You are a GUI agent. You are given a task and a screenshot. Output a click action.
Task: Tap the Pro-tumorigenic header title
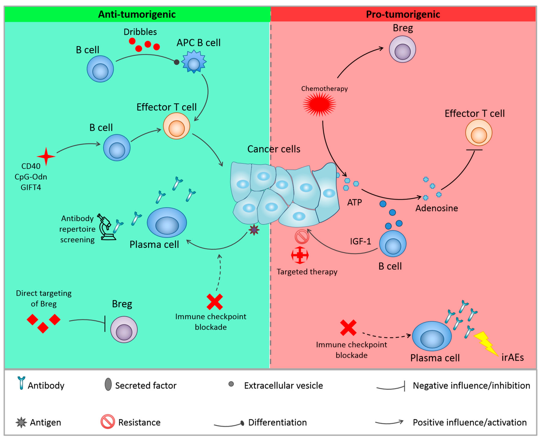pyautogui.click(x=403, y=14)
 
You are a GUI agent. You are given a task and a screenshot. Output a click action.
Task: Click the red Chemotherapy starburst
pyautogui.click(x=319, y=104)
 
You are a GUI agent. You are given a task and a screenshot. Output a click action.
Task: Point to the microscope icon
pyautogui.click(x=106, y=227)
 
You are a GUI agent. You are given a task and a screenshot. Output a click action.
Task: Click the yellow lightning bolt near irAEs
pyautogui.click(x=486, y=343)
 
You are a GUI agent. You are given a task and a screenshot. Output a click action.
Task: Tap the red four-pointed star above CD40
pyautogui.click(x=46, y=156)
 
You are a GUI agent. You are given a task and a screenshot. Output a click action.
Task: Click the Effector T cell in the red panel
pyautogui.click(x=478, y=133)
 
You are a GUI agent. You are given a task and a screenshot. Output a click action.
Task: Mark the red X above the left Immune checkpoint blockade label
pyautogui.click(x=214, y=302)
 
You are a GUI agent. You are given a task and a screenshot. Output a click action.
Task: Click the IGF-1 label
pyautogui.click(x=360, y=241)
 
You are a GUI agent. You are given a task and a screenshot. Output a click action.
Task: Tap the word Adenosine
pyautogui.click(x=436, y=208)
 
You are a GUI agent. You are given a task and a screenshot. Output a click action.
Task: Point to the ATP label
pyautogui.click(x=354, y=202)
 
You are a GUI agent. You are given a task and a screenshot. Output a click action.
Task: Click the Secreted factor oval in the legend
pyautogui.click(x=108, y=384)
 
